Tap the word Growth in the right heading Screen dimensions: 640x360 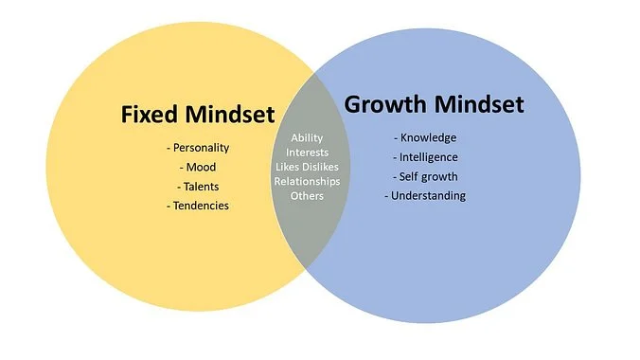click(385, 104)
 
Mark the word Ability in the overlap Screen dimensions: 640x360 click(307, 138)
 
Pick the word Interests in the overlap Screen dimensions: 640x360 click(307, 153)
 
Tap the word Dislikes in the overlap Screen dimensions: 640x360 click(321, 167)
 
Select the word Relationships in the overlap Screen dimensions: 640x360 click(307, 181)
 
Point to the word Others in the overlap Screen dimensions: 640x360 click(307, 195)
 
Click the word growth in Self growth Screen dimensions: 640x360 click(439, 176)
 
